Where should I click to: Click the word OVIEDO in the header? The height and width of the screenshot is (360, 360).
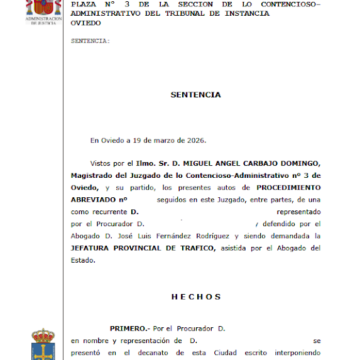(x=85, y=23)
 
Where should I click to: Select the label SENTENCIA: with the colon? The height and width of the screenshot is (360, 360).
(x=90, y=41)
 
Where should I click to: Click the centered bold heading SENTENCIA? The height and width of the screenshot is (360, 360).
(x=195, y=95)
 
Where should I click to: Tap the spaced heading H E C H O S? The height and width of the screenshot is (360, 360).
(x=195, y=297)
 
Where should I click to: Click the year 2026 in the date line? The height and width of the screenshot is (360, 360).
(x=195, y=140)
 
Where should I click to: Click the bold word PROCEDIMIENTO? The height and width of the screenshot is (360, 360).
(x=287, y=187)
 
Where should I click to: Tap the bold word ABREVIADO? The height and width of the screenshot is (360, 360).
(x=94, y=200)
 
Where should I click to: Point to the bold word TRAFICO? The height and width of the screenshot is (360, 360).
(x=195, y=248)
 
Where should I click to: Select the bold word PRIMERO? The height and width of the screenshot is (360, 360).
(x=129, y=329)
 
